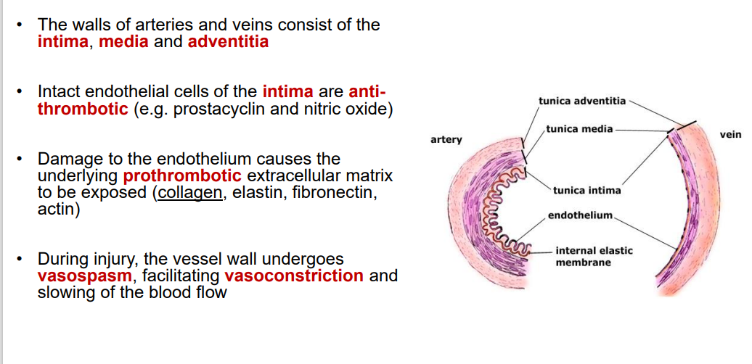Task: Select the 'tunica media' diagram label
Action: point(579,129)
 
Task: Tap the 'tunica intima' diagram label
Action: point(587,191)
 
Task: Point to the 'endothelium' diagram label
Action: point(580,215)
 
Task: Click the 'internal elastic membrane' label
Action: point(594,256)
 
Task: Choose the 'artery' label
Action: point(446,139)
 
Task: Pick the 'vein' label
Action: point(730,135)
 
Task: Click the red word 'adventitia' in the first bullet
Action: point(228,41)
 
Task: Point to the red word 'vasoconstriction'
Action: point(294,276)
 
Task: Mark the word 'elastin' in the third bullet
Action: point(255,193)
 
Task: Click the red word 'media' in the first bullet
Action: point(123,41)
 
